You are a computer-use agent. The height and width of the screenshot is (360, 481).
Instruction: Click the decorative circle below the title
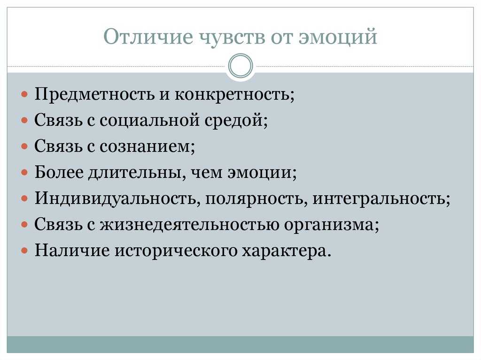[x=241, y=66]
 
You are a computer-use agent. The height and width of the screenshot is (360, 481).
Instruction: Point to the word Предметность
[x=94, y=94]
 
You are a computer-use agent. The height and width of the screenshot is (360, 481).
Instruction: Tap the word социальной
[x=149, y=120]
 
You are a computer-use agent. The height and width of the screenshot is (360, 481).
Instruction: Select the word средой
[x=236, y=120]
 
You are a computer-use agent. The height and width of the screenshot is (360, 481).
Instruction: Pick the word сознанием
[x=147, y=146]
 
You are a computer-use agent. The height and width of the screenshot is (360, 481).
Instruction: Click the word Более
[x=59, y=172]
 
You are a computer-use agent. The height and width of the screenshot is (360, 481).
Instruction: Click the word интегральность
[x=381, y=199]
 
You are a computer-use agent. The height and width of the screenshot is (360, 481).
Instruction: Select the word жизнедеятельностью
[x=189, y=224]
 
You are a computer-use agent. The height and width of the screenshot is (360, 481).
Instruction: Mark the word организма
[x=331, y=225]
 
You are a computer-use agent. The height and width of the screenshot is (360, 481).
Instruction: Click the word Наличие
[x=72, y=251]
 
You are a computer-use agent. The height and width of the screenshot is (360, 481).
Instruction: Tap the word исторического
[x=176, y=251]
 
